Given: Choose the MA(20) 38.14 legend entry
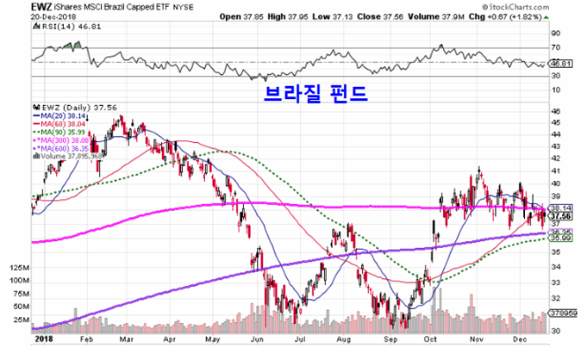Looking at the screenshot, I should (62, 113).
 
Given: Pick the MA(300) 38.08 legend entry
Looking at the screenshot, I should (65, 139).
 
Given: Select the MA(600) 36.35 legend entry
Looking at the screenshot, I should (65, 147).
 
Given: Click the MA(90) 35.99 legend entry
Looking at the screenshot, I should (62, 130).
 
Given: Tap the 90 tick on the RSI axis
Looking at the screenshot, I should (556, 34).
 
